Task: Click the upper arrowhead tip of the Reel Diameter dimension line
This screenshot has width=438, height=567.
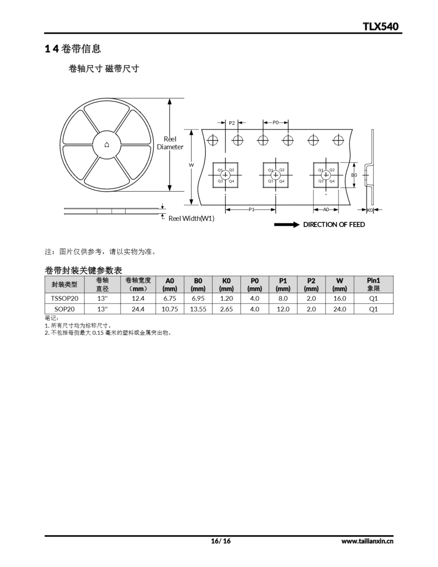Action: coord(170,99)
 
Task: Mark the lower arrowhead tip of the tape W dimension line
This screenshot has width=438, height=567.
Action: coord(191,205)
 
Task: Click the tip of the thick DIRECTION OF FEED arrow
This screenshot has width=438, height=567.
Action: coord(300,225)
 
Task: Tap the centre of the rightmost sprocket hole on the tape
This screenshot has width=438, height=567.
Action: coord(338,140)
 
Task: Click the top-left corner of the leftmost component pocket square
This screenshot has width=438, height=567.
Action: coord(213,163)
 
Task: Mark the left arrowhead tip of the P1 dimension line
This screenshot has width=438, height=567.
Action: coord(225,210)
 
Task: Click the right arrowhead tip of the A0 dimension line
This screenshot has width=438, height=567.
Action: coord(338,210)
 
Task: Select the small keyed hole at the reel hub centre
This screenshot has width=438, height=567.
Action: coord(107,145)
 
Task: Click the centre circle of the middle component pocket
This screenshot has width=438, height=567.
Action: coord(275,175)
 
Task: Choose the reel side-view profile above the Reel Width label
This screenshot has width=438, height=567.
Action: coord(111,211)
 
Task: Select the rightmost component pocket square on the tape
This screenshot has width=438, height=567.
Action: coord(326,175)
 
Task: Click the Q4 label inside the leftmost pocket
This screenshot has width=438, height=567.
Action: coord(231,181)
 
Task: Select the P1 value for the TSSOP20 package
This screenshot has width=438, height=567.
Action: coord(283,298)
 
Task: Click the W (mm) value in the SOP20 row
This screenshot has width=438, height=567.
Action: coord(340,309)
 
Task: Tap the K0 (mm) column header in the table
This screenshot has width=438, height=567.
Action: coord(226,285)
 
